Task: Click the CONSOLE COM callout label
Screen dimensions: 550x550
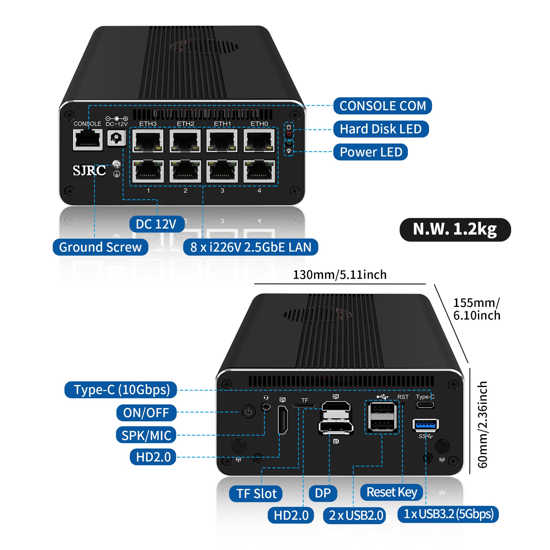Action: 382,106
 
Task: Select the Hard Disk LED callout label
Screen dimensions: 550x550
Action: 381,129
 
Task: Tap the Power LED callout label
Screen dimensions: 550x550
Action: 370,152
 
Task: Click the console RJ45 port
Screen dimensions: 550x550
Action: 88,140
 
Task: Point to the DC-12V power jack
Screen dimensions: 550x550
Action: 116,138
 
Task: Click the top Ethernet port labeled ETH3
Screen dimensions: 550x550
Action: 148,141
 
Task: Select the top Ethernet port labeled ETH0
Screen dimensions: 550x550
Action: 259,141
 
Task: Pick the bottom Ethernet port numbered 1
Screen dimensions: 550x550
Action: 148,171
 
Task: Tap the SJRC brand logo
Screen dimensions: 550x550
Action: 89,170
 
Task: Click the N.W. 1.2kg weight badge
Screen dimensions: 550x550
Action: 455,229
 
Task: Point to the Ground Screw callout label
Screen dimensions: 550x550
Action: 100,247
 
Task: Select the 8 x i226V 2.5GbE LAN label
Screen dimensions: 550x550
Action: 250,247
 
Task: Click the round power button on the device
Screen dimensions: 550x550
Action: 248,412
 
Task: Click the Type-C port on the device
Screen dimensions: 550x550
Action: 425,405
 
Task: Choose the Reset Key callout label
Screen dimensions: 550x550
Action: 391,492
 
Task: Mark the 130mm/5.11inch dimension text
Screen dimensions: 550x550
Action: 340,275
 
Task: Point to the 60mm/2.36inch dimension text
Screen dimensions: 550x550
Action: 483,425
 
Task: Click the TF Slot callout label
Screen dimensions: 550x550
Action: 256,494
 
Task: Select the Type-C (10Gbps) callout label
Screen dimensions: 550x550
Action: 121,390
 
